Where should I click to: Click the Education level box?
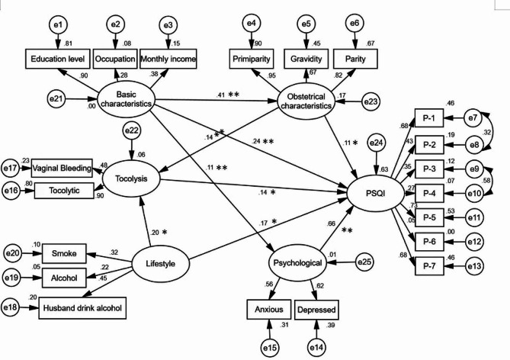coord(57,58)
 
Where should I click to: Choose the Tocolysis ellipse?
coord(131,179)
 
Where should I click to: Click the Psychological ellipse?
coord(297,264)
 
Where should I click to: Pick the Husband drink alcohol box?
coord(83,309)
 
